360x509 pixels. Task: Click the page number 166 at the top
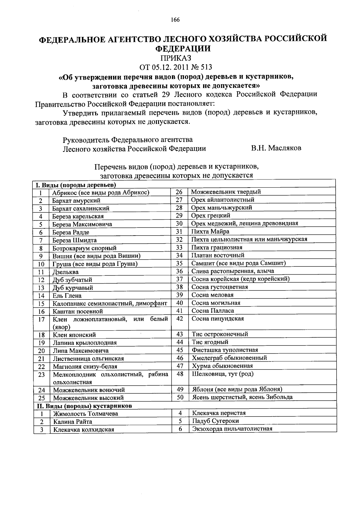[x=175, y=20]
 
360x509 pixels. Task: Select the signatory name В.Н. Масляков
[x=276, y=148]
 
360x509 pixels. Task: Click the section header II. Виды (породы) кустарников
[x=84, y=406]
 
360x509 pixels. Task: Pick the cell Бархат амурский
[x=76, y=200]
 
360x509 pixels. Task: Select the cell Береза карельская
[x=78, y=216]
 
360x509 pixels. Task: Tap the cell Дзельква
[x=65, y=272]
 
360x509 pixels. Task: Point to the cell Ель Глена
[x=67, y=296]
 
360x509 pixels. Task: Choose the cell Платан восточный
[x=218, y=255]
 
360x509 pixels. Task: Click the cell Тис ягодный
[x=210, y=342]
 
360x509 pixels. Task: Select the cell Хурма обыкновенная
[x=222, y=366]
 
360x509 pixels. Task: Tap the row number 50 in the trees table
[x=180, y=397]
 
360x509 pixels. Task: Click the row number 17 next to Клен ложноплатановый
[x=41, y=319]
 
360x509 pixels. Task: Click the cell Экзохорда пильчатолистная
[x=232, y=429]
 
